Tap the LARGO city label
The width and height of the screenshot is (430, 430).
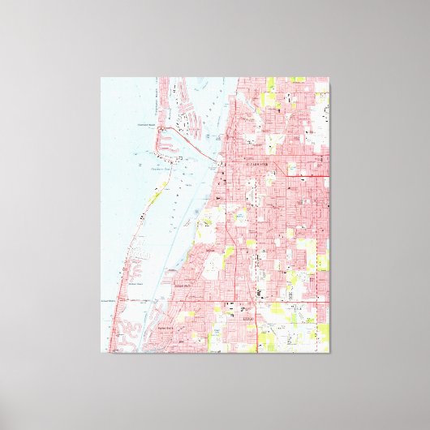[248, 319]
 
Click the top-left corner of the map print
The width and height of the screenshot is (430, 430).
[101, 78]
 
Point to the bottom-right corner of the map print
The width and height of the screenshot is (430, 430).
[329, 352]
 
